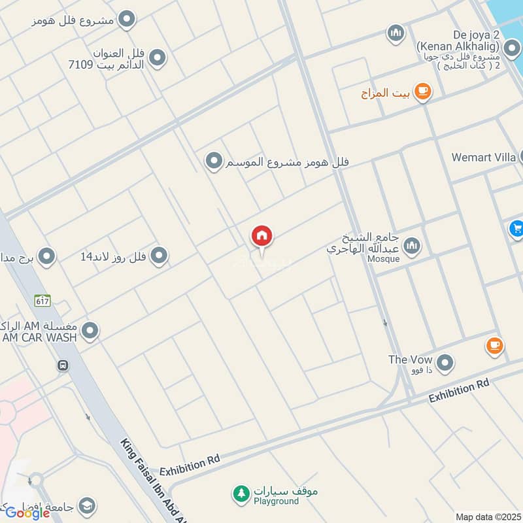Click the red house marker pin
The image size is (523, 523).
pyautogui.click(x=261, y=237)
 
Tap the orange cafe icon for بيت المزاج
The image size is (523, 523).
pyautogui.click(x=423, y=92)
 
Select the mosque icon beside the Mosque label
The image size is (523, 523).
pyautogui.click(x=412, y=246)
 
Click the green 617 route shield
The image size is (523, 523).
pyautogui.click(x=43, y=301)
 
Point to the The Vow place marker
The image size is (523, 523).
pyautogui.click(x=445, y=362)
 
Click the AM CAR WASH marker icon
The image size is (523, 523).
pyautogui.click(x=90, y=331)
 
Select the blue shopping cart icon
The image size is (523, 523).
pyautogui.click(x=516, y=229)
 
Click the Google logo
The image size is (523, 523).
pyautogui.click(x=27, y=513)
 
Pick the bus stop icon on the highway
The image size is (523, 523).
pyautogui.click(x=63, y=365)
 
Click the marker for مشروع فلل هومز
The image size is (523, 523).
pyautogui.click(x=128, y=20)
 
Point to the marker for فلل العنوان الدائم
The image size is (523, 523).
pyautogui.click(x=157, y=59)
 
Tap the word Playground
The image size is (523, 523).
pyautogui.click(x=277, y=501)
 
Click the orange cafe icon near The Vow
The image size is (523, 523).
pyautogui.click(x=494, y=345)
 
